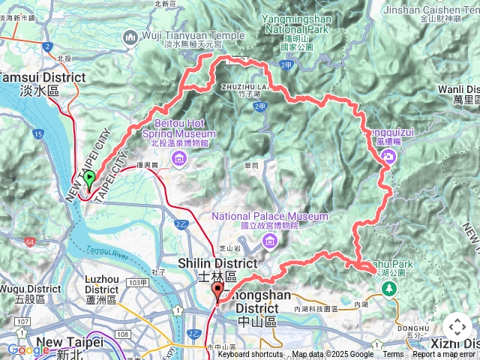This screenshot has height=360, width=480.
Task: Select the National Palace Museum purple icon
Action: (268, 240)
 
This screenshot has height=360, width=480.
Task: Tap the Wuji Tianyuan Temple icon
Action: (131, 36)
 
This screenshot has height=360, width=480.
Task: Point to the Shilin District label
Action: (217, 264)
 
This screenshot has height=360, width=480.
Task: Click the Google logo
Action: (28, 349)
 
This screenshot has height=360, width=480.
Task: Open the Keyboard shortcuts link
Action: (250, 355)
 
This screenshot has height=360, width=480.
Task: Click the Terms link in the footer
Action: (393, 355)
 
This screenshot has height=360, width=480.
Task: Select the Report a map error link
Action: (443, 355)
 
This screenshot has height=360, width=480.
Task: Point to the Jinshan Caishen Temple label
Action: (430, 11)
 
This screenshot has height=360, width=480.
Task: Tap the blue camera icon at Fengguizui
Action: (388, 155)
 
